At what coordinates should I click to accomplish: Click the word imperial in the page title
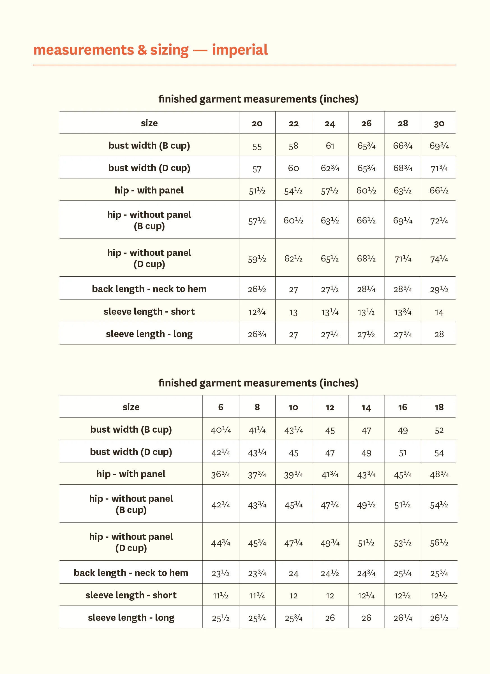point(240,50)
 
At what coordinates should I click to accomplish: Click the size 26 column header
point(366,123)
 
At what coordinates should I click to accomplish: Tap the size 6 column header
point(220,407)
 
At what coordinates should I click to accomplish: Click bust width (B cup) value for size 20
point(257,146)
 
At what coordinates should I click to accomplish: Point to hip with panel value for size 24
point(330,190)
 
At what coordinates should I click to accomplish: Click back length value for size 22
point(293,290)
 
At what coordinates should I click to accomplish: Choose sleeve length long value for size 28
point(403,334)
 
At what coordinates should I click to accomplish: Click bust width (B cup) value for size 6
point(220,430)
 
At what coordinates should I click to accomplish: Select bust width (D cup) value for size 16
point(403,453)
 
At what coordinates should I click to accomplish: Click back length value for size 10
point(293,573)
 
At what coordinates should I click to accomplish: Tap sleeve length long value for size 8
point(257,618)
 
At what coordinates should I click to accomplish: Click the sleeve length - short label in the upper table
point(149,311)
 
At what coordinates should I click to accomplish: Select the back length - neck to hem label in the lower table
point(131,573)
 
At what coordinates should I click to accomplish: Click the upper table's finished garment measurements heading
point(258,99)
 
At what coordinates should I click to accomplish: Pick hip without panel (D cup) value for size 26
point(366,258)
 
